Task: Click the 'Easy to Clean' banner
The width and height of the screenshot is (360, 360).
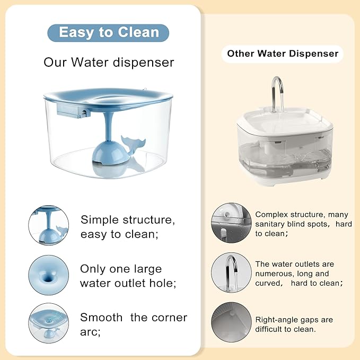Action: click(x=108, y=32)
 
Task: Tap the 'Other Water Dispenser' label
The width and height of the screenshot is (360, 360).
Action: click(x=283, y=54)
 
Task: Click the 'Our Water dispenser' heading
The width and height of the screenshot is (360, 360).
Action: click(x=109, y=63)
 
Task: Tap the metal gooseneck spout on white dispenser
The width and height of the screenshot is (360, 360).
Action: click(x=277, y=91)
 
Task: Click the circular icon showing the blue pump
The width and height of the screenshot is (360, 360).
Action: click(x=48, y=225)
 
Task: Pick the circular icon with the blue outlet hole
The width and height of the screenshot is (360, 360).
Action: click(x=48, y=275)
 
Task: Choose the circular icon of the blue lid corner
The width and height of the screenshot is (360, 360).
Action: click(x=48, y=323)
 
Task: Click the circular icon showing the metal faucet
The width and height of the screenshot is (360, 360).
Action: click(x=231, y=273)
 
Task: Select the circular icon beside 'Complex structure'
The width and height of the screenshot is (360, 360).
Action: click(x=231, y=223)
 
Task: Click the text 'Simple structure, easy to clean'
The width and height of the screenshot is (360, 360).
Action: click(x=127, y=226)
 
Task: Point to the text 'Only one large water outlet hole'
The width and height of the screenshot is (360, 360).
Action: click(x=128, y=276)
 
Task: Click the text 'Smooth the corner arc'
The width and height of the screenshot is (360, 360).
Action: click(x=133, y=324)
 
